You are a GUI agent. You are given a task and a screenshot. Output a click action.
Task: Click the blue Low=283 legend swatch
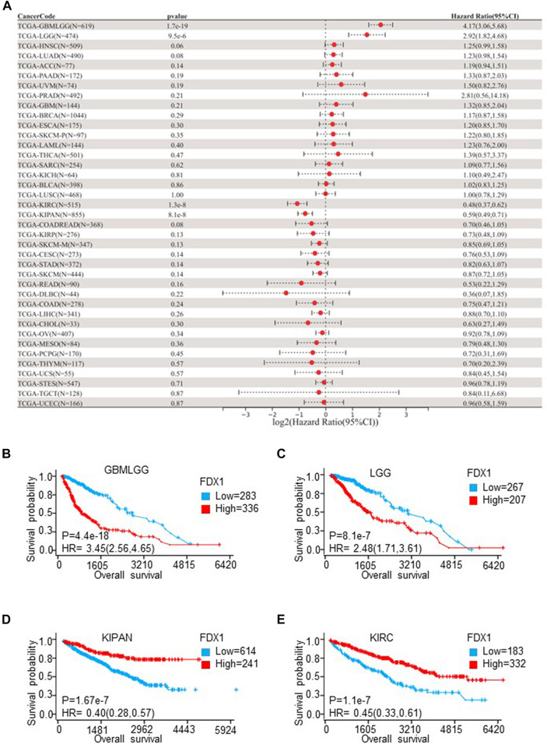coord(205,496)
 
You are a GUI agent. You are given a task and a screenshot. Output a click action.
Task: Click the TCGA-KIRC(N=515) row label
coord(47,203)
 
